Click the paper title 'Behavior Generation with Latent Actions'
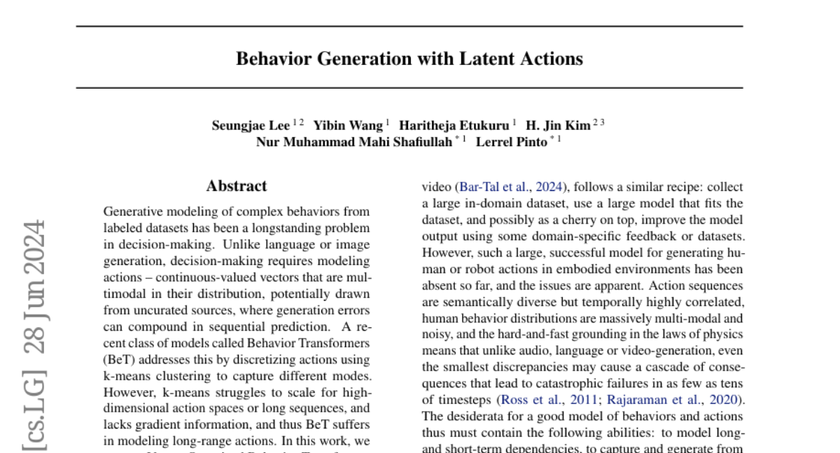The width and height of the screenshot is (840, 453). [x=409, y=59]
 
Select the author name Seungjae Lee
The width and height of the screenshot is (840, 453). [x=251, y=126]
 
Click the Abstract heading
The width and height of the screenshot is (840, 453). [x=237, y=186]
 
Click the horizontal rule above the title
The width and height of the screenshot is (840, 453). [x=409, y=27]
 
